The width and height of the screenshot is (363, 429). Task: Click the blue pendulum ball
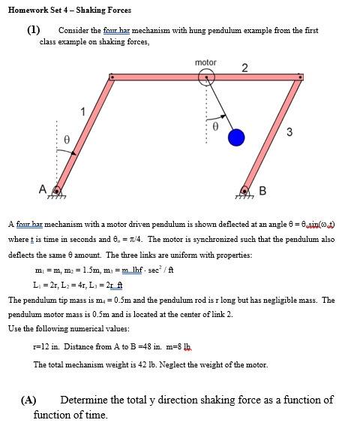[237, 137]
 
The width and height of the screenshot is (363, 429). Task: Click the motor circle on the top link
[206, 77]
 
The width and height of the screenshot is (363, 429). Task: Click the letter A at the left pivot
[43, 188]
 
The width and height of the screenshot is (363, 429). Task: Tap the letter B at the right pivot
[262, 189]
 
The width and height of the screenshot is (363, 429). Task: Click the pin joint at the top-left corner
[112, 77]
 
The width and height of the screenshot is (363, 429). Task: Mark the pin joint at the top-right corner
[301, 77]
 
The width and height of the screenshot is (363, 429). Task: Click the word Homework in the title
[27, 10]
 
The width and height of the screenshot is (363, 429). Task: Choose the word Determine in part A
[88, 400]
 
